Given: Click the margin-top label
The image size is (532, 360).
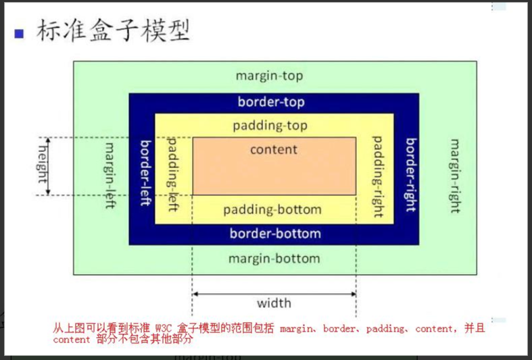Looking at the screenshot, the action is click(x=269, y=76).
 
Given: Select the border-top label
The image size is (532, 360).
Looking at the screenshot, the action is click(x=271, y=102).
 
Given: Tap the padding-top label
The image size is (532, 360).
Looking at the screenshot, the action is click(x=270, y=126).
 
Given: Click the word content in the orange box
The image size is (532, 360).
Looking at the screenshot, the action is click(x=274, y=149).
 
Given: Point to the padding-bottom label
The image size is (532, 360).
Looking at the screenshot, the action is click(x=272, y=209).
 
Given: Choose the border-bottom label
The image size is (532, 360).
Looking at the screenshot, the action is click(x=275, y=234).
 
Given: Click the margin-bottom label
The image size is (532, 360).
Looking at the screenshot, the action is click(x=274, y=258).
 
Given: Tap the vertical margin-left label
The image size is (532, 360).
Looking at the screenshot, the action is click(x=110, y=175).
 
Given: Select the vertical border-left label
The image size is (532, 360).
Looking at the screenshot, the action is click(x=145, y=174).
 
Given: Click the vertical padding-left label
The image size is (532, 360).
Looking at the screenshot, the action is click(x=172, y=174).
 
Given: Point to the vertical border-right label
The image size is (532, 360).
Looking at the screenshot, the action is click(x=410, y=175).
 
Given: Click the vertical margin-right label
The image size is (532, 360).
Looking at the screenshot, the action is click(x=455, y=176).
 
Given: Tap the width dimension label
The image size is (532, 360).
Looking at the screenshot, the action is click(x=274, y=303).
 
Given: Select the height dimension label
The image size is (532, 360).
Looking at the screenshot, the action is click(x=42, y=164).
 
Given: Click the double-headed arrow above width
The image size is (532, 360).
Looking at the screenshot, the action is click(x=274, y=294).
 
